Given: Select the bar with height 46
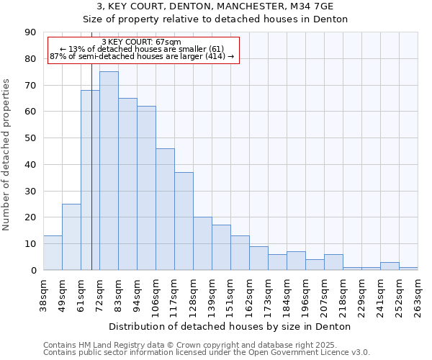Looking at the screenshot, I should (165, 209).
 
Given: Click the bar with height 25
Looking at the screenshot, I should (71, 237).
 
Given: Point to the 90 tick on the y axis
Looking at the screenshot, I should (30, 32).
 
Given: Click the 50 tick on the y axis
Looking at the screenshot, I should (30, 138).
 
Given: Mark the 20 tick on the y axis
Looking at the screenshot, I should (30, 217).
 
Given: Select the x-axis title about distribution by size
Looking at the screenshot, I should (231, 326).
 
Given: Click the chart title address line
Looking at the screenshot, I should (215, 6).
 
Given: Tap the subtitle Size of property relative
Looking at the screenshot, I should (215, 19).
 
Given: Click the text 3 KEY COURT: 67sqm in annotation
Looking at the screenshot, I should (142, 42).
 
